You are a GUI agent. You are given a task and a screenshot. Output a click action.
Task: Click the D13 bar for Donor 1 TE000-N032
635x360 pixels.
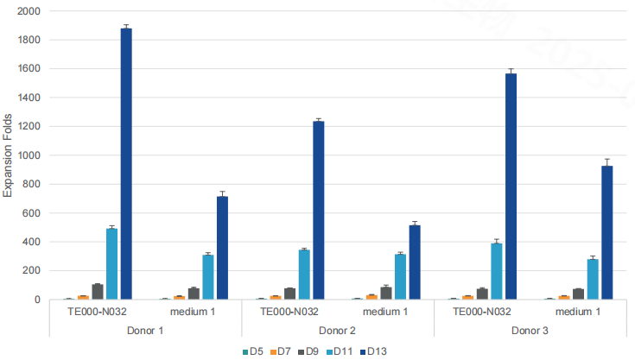[126, 164]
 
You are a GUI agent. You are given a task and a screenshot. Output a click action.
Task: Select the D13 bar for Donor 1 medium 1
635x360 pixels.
[222, 248]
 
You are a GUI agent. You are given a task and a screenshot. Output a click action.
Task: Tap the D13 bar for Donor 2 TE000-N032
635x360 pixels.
[319, 210]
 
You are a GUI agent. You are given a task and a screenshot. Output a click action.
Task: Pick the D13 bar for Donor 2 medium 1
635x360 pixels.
[415, 262]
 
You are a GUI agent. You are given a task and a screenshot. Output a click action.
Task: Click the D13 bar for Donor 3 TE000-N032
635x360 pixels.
[511, 186]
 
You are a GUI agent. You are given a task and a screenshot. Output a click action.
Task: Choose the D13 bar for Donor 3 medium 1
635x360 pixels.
[607, 232]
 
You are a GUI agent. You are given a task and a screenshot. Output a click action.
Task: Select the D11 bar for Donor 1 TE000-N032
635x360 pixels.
[111, 263]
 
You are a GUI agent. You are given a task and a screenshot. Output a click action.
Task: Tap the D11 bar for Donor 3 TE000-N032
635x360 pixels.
[496, 271]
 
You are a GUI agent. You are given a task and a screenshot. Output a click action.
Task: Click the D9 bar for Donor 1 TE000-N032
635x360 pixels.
[98, 292]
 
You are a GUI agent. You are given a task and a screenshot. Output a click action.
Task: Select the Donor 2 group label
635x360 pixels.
[338, 331]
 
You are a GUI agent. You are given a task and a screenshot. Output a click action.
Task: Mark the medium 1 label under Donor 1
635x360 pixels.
[193, 312]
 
